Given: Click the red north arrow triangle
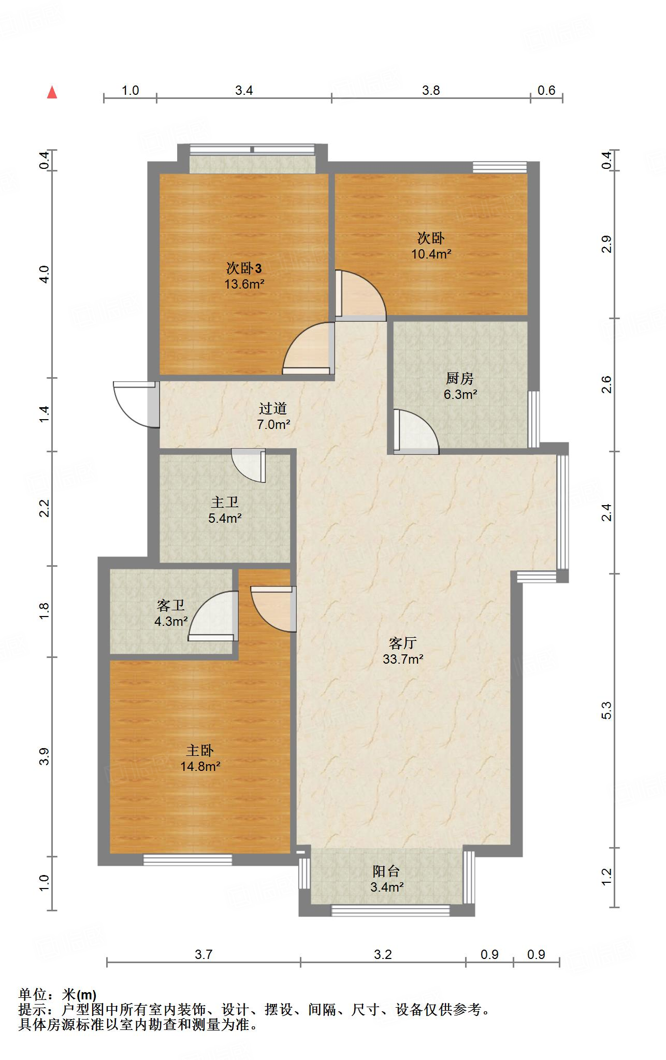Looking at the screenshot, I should pos(52,93).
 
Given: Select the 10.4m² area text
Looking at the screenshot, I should pos(431,254).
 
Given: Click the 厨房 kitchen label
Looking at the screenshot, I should pos(459,379).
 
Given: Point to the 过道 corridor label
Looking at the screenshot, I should pos(273,409).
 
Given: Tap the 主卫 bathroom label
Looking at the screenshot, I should pos(225,502).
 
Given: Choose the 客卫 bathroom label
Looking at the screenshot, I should pos(171,605).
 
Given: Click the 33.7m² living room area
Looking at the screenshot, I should pos(403,660).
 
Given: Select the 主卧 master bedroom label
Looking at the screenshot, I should pos(200,751).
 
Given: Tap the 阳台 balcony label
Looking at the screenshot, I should pos(386,871).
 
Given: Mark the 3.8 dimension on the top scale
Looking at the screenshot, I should pos(430,91).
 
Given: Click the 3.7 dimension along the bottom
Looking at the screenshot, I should pos(204,954).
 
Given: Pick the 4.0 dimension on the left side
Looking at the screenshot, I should pos(45,274).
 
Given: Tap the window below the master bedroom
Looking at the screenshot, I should pos(187,860).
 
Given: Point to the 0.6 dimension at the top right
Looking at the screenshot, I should pos(546,91).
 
